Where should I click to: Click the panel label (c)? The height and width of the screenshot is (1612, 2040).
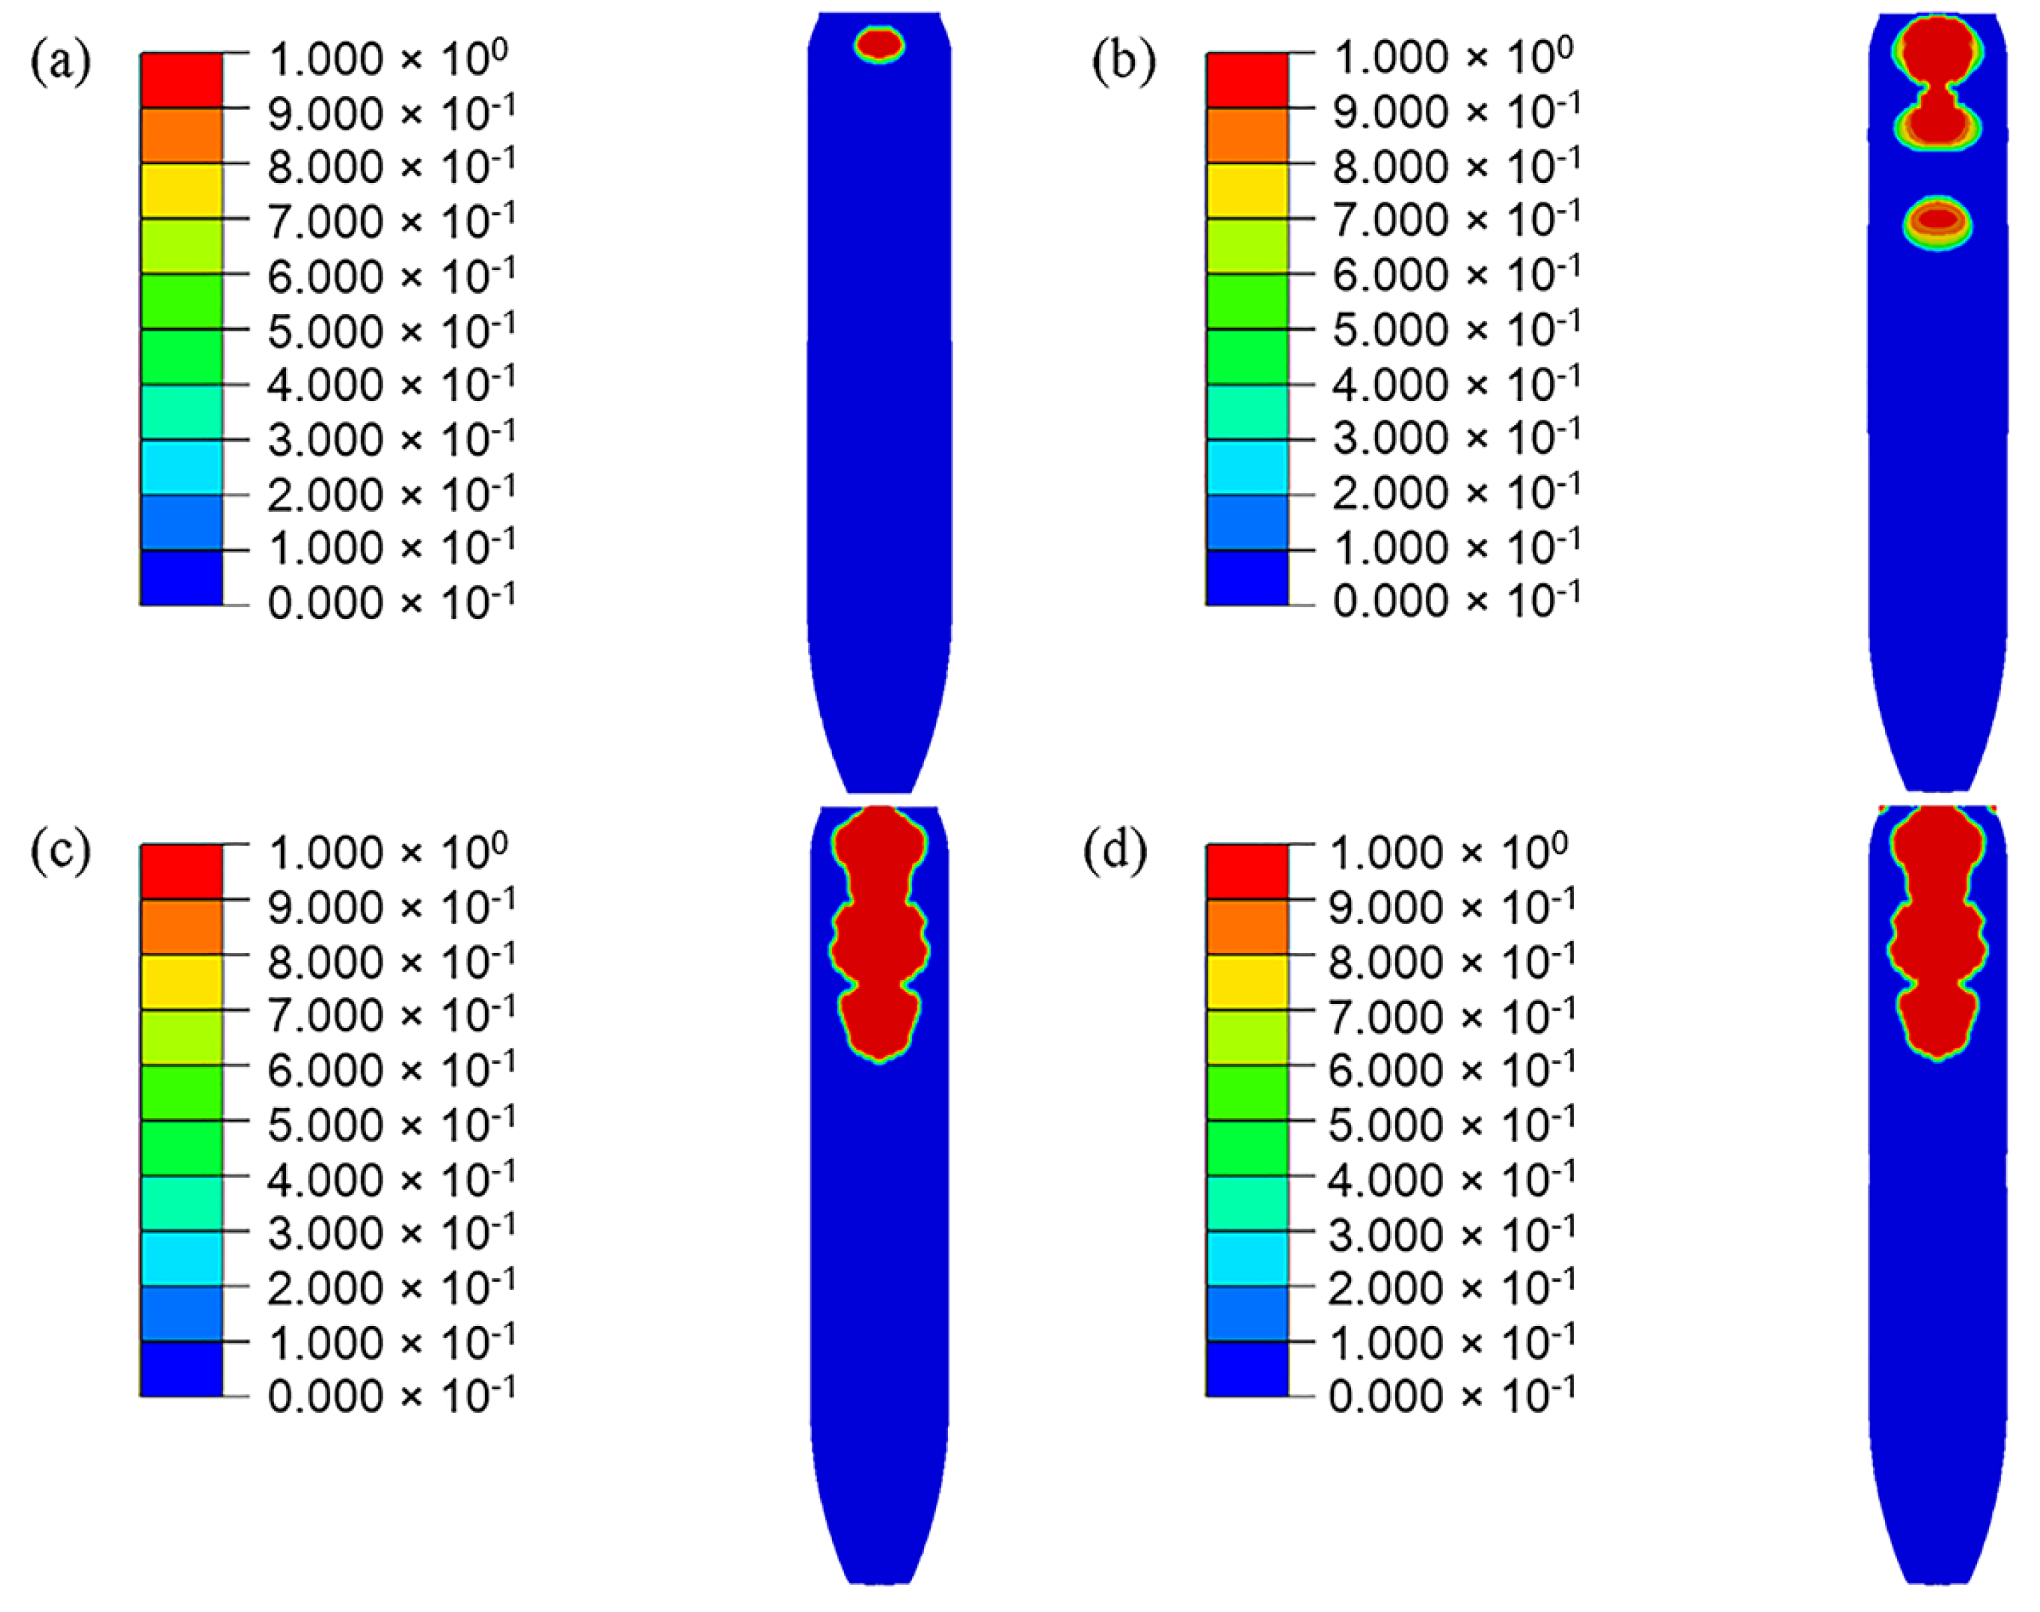(x=61, y=852)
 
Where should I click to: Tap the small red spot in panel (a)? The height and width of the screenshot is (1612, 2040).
(x=879, y=43)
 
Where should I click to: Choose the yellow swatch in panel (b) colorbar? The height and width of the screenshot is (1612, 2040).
(x=1246, y=191)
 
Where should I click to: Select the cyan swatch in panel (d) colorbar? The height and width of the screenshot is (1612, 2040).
(x=1246, y=1258)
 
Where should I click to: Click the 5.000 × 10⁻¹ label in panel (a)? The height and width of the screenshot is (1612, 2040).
(x=390, y=330)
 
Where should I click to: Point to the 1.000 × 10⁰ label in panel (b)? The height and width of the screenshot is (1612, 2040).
(x=1453, y=57)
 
